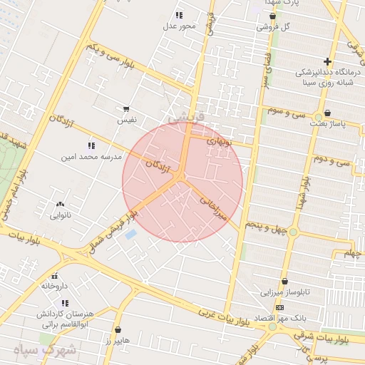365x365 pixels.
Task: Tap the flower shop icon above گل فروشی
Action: tap(272, 16)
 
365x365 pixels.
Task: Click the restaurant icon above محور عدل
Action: tap(179, 15)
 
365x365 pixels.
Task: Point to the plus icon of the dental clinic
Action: tap(327, 61)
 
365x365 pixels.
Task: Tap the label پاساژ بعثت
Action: tap(327, 123)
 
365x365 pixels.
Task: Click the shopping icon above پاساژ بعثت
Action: tap(327, 113)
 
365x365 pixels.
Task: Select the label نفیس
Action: tap(127, 120)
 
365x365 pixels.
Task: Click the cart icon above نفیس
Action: tap(126, 109)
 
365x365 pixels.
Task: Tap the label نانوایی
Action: tap(60, 214)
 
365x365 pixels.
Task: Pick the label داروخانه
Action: tap(53, 286)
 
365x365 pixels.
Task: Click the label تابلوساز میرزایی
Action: tap(284, 292)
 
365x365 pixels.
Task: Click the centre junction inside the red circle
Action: tap(182, 176)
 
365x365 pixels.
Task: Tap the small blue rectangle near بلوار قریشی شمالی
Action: tap(130, 234)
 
